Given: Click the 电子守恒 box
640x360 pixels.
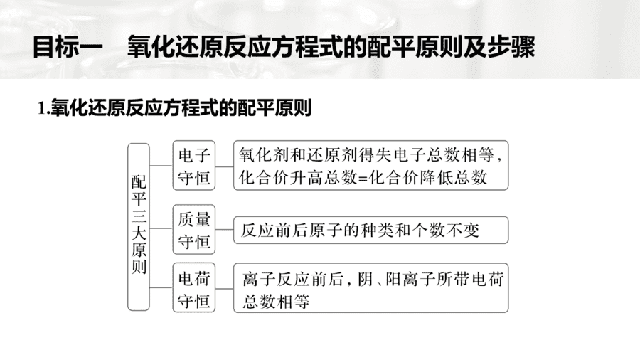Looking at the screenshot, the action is (x=194, y=165).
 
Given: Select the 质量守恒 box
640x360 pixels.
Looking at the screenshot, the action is (x=194, y=230).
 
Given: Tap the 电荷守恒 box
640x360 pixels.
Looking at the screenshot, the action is (x=194, y=287).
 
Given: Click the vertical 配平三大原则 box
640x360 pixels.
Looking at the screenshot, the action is (x=139, y=227).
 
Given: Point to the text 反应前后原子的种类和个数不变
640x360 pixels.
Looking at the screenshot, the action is (x=360, y=231).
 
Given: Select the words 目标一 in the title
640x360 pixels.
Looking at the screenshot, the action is (x=68, y=48).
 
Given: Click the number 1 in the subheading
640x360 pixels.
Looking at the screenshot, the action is (x=41, y=109).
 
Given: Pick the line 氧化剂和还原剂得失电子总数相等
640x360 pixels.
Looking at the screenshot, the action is (x=366, y=155).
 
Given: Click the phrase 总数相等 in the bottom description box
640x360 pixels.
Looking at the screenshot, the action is (x=276, y=302).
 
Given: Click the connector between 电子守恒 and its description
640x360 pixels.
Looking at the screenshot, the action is (x=225, y=166).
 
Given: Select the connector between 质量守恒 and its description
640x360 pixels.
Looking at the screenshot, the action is (x=225, y=229).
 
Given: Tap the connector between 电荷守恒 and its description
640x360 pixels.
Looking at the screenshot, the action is (x=225, y=288).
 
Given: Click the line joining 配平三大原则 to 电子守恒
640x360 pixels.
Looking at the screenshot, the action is (x=161, y=166).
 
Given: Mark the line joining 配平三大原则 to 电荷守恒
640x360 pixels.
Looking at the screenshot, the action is (x=161, y=287).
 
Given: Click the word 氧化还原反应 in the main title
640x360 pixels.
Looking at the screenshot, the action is (x=198, y=48).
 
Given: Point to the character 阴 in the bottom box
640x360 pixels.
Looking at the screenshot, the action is (x=366, y=280).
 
